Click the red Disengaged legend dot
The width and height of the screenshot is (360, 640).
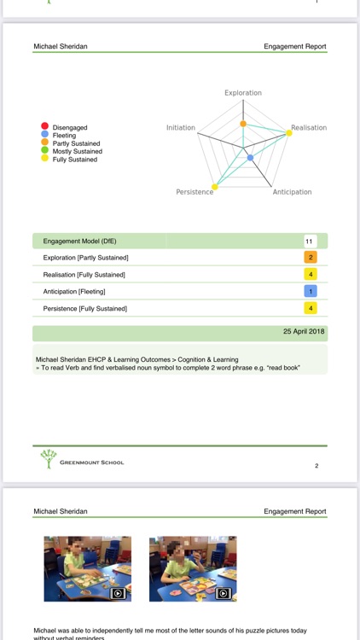click(44, 127)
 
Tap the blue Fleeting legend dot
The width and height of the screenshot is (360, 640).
click(44, 135)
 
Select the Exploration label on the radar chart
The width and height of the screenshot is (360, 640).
click(243, 93)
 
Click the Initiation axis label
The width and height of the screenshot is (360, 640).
click(181, 128)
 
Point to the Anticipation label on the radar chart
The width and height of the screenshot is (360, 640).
click(292, 192)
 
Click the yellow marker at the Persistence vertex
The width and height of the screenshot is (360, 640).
click(214, 188)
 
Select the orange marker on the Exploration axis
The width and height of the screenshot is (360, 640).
click(243, 125)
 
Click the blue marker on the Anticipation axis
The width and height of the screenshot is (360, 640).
click(250, 158)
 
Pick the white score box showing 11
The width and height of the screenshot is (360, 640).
click(311, 241)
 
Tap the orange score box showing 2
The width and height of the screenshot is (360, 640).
click(311, 258)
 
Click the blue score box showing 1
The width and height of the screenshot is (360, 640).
click(311, 292)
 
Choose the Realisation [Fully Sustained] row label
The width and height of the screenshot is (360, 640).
click(84, 275)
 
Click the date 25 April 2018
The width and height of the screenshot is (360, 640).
click(303, 330)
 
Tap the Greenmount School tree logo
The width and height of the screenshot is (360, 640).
click(49, 459)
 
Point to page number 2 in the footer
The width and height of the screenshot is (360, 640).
click(316, 466)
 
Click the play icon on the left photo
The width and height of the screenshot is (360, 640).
click(118, 593)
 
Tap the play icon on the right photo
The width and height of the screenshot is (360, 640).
click(223, 593)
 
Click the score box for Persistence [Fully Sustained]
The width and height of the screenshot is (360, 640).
click(311, 308)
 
